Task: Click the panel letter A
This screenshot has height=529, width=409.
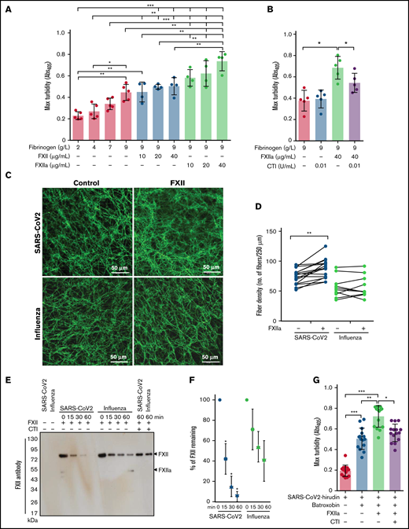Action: coord(6,7)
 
